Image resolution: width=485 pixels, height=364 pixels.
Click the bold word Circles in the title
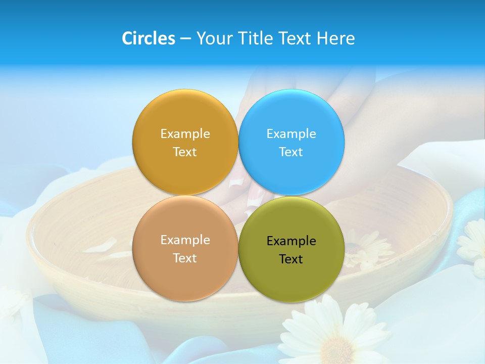tap(149, 38)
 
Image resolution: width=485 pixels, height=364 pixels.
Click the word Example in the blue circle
tap(292, 134)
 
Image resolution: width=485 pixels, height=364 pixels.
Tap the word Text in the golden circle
tap(185, 152)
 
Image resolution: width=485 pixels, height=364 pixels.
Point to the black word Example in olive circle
tap(292, 241)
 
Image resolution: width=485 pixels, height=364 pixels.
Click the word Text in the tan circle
tap(185, 258)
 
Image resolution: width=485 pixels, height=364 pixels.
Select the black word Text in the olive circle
tap(291, 259)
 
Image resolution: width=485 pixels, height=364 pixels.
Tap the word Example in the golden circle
tap(185, 134)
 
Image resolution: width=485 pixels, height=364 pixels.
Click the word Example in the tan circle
tap(185, 240)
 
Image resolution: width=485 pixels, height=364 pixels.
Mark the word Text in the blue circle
tap(291, 152)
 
